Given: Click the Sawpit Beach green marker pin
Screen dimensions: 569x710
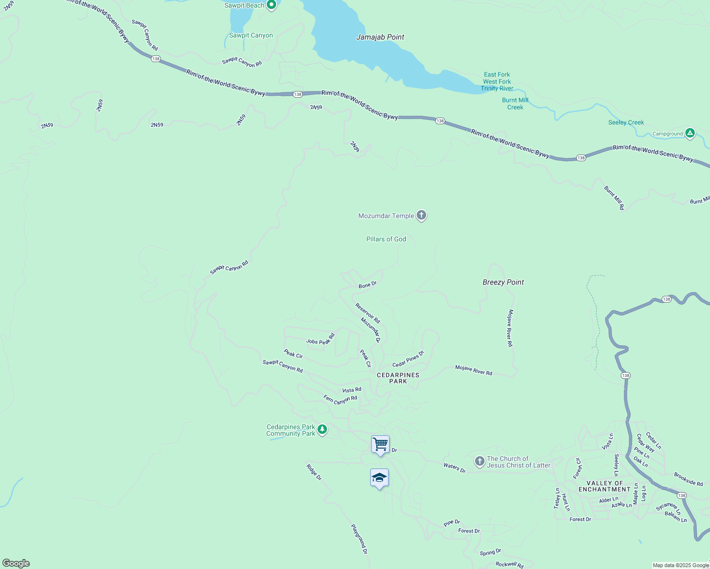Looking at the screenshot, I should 271,5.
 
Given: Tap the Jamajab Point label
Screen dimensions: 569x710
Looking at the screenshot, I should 380,37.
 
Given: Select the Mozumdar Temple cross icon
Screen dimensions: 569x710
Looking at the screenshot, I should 421,215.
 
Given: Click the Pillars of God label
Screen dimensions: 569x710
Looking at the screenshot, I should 386,239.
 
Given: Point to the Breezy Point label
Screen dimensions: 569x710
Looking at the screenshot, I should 503,282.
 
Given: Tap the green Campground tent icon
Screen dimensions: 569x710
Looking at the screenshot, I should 690,133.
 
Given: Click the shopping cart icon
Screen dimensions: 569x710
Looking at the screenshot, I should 380,444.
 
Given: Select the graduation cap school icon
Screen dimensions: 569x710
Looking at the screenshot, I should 379,477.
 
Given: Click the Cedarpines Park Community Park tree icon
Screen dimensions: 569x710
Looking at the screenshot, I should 322,430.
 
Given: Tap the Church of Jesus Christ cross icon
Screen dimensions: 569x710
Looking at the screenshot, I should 479,461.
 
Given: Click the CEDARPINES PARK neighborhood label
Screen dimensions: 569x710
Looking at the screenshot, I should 398,378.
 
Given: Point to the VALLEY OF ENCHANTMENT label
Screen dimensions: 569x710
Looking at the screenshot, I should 605,486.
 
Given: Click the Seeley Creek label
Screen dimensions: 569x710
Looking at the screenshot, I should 626,122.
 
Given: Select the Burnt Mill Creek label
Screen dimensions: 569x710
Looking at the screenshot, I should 515,103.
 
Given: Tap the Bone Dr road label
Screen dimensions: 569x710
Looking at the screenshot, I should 367,284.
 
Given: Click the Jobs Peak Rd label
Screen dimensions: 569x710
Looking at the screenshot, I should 320,339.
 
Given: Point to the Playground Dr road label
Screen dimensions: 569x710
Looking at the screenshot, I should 359,539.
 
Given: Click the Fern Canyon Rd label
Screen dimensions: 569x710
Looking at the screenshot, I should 340,400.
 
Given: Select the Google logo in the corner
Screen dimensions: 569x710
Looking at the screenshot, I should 16,563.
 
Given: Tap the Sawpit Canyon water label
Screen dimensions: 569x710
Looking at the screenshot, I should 251,35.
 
